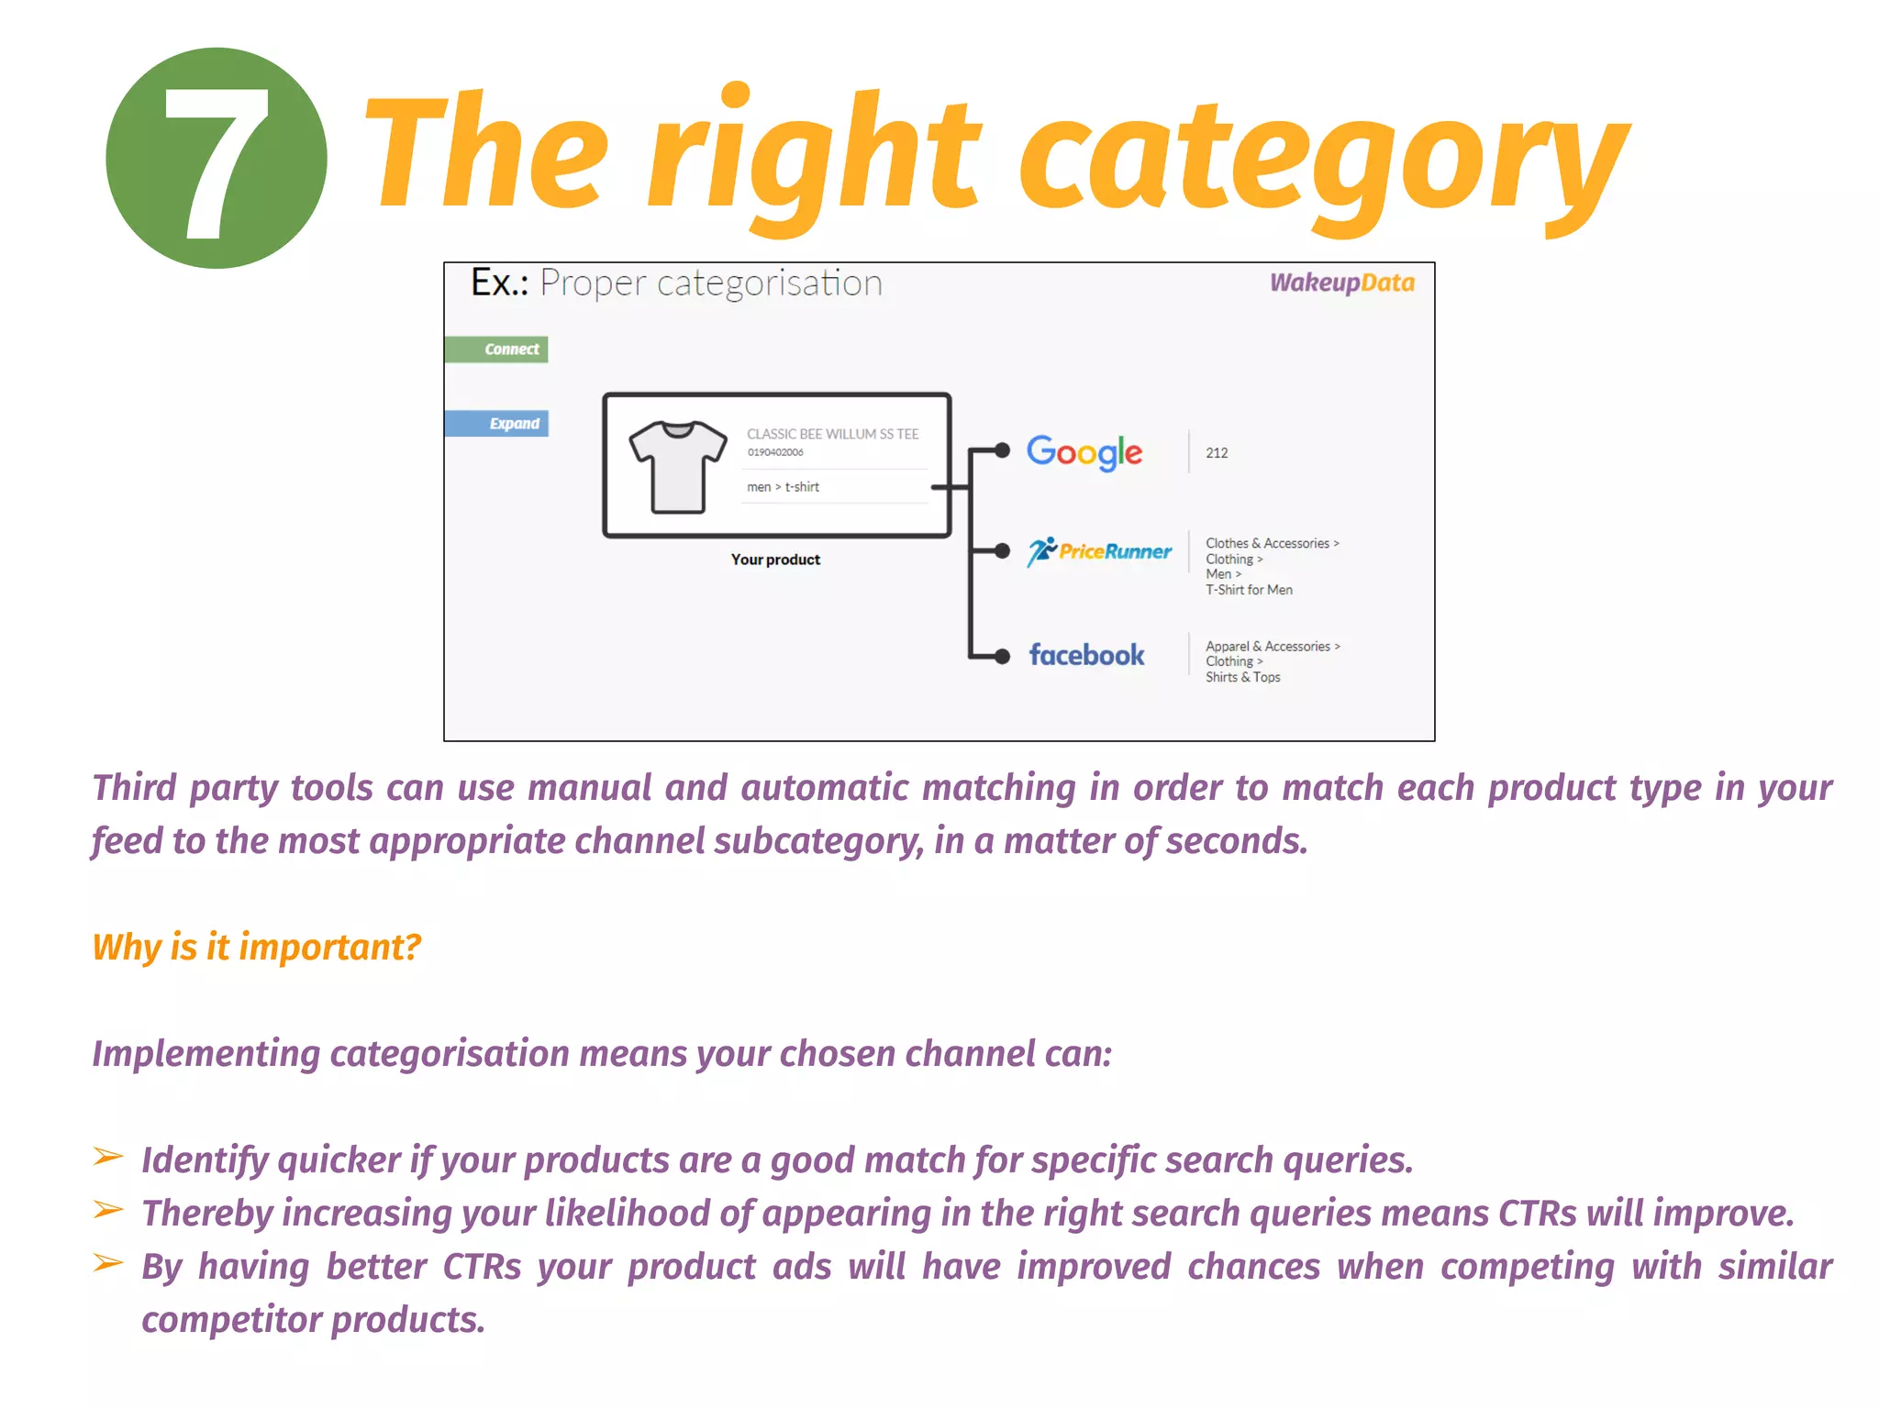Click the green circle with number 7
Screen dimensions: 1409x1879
(x=217, y=158)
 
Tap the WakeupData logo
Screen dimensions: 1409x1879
(x=1341, y=283)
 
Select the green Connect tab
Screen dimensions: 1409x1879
(x=497, y=349)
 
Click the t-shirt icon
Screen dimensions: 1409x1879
(x=678, y=466)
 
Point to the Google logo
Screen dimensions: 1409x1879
(x=1084, y=451)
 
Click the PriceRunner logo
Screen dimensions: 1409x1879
(x=1099, y=551)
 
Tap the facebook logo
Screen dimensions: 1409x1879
(x=1086, y=655)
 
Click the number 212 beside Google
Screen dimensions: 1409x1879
(x=1217, y=453)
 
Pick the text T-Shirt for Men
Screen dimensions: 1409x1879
(x=1249, y=590)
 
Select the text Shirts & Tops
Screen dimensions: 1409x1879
(x=1242, y=677)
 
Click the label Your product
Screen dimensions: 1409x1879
(x=775, y=560)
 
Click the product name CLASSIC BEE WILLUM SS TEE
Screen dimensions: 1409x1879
(x=832, y=434)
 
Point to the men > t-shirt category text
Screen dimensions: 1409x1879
(x=783, y=487)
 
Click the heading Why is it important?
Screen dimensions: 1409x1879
(x=257, y=947)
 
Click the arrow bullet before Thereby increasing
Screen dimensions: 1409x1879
(x=108, y=1210)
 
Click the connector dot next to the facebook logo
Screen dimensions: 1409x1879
(x=1002, y=656)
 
